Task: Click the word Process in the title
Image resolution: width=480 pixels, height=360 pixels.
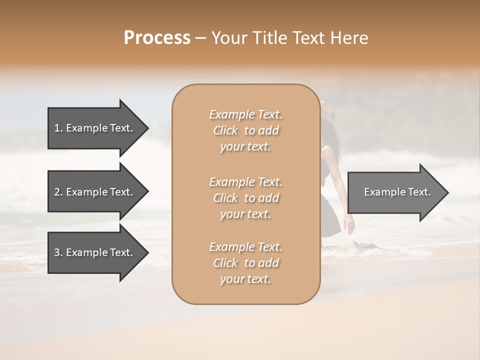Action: [157, 38]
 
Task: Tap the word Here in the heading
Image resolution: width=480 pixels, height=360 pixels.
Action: [349, 38]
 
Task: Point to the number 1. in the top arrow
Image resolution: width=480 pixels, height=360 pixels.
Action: [58, 128]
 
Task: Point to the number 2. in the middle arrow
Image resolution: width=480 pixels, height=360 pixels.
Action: [58, 192]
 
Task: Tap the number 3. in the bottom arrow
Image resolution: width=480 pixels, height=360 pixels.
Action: [58, 252]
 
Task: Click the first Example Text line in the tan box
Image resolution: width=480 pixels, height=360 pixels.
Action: [245, 114]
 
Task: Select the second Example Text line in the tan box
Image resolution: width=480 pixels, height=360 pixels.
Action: [245, 181]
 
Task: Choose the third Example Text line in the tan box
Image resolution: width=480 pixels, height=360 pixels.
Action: [245, 247]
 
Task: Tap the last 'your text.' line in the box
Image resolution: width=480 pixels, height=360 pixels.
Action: [245, 279]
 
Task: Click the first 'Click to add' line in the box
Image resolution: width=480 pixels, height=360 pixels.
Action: [245, 130]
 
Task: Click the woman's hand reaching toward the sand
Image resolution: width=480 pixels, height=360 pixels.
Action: [350, 225]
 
